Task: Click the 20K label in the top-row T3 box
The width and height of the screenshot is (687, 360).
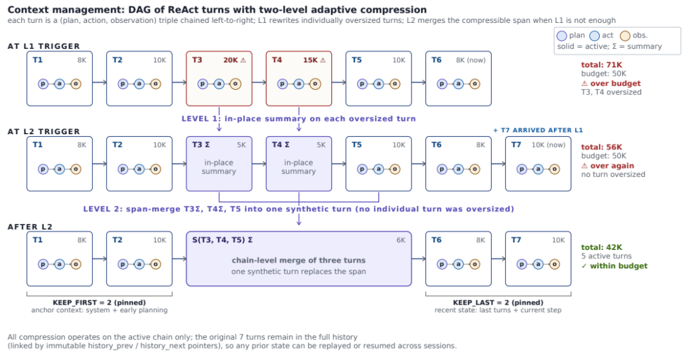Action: [x=230, y=60]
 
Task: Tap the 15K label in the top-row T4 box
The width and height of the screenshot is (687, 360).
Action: [x=310, y=60]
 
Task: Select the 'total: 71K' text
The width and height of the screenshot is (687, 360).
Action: [x=599, y=65]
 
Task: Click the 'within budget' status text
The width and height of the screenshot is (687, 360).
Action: [x=619, y=266]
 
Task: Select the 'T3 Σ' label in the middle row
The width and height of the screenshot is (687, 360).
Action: [x=200, y=144]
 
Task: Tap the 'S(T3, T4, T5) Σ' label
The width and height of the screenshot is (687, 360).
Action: [x=222, y=240]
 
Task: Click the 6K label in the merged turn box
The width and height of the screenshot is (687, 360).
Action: [x=401, y=240]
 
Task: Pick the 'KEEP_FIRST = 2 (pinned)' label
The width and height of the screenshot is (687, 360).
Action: [x=99, y=302]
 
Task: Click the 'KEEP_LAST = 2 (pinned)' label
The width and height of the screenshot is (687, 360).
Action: [x=498, y=302]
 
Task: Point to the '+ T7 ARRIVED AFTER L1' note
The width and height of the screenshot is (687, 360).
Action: [x=538, y=130]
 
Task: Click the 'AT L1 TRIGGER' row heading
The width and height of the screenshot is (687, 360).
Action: [x=44, y=46]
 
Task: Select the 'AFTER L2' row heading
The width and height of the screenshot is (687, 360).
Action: [x=30, y=227]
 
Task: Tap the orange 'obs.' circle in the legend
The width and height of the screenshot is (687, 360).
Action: [x=625, y=36]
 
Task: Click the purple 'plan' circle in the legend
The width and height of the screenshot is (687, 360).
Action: [x=562, y=36]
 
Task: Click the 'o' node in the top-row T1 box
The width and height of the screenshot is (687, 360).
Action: [x=76, y=84]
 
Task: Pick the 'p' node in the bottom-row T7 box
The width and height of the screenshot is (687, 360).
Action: [x=522, y=264]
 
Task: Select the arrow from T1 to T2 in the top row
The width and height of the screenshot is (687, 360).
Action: [x=99, y=82]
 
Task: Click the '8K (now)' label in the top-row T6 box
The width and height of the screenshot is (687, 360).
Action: [x=471, y=60]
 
